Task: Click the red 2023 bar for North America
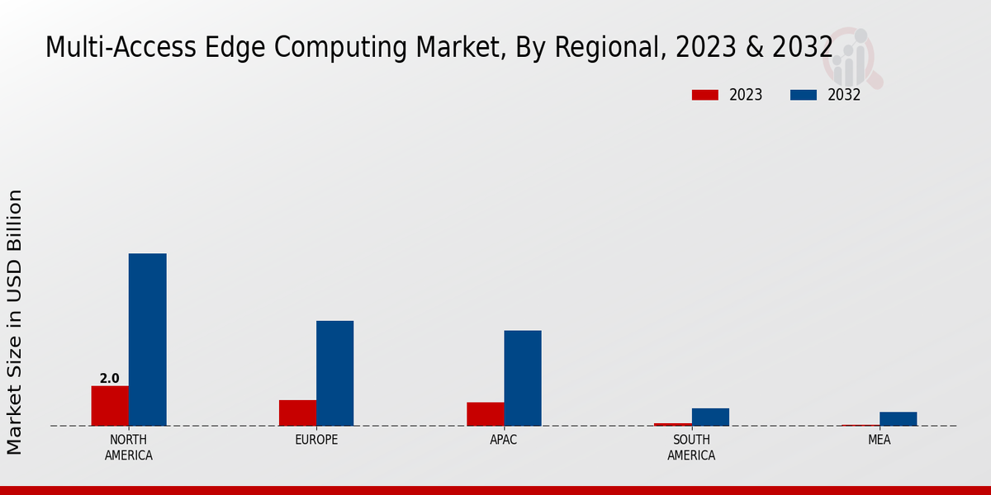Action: pos(110,406)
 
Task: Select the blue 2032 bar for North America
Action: pos(147,340)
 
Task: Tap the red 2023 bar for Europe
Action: pos(297,412)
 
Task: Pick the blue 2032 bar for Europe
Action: pos(334,373)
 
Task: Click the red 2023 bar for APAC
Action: pos(485,414)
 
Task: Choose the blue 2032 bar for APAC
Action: pos(523,378)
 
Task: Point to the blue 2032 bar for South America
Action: pos(710,417)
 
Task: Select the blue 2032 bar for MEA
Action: pos(898,418)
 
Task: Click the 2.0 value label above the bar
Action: pos(109,379)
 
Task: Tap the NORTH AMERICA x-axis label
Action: pos(128,447)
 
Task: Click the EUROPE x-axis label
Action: pos(316,440)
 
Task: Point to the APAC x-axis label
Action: pos(503,440)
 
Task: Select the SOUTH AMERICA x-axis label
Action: pos(691,447)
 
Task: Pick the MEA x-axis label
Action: pos(879,440)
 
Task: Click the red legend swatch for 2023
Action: pos(704,95)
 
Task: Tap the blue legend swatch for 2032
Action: pos(803,95)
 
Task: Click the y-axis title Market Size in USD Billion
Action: pos(15,322)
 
